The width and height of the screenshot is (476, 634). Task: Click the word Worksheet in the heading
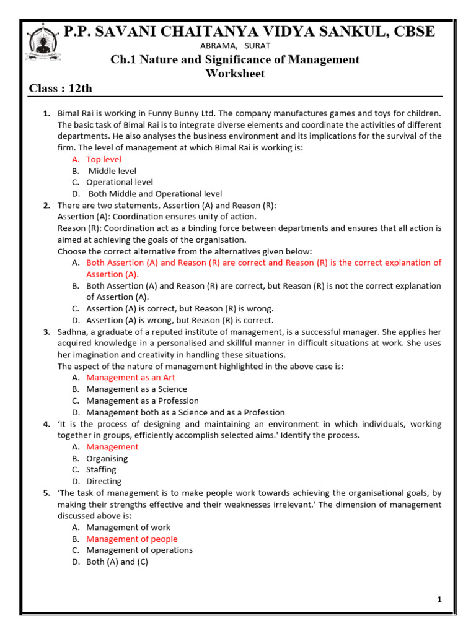pos(235,74)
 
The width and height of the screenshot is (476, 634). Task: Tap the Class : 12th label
pos(61,89)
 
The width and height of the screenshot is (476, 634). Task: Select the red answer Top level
pos(104,160)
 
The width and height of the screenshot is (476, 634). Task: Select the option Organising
pos(107,459)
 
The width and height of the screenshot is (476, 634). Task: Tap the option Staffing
pos(101,470)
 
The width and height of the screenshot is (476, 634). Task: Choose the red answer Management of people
pos(132,539)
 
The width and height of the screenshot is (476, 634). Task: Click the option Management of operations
pos(139,550)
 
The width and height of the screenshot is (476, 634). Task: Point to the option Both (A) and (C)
pos(117,562)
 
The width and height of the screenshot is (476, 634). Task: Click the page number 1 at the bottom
pos(439,599)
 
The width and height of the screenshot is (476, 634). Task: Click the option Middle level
pos(112,171)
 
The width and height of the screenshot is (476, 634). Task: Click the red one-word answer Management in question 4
pos(112,447)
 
